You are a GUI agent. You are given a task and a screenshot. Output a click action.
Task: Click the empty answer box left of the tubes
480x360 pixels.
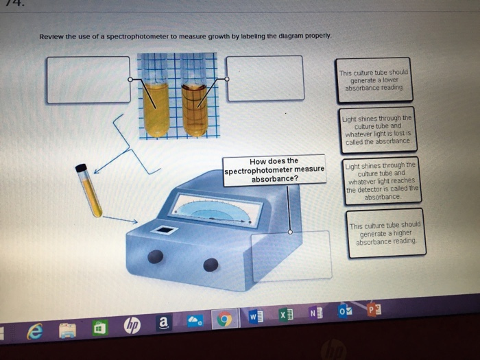tap(88, 80)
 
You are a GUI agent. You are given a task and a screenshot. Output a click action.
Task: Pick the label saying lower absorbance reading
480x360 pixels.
tap(374, 80)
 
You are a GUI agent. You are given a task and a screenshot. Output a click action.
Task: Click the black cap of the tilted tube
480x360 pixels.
tap(82, 167)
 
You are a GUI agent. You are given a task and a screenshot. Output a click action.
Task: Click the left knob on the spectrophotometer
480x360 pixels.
tap(157, 257)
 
